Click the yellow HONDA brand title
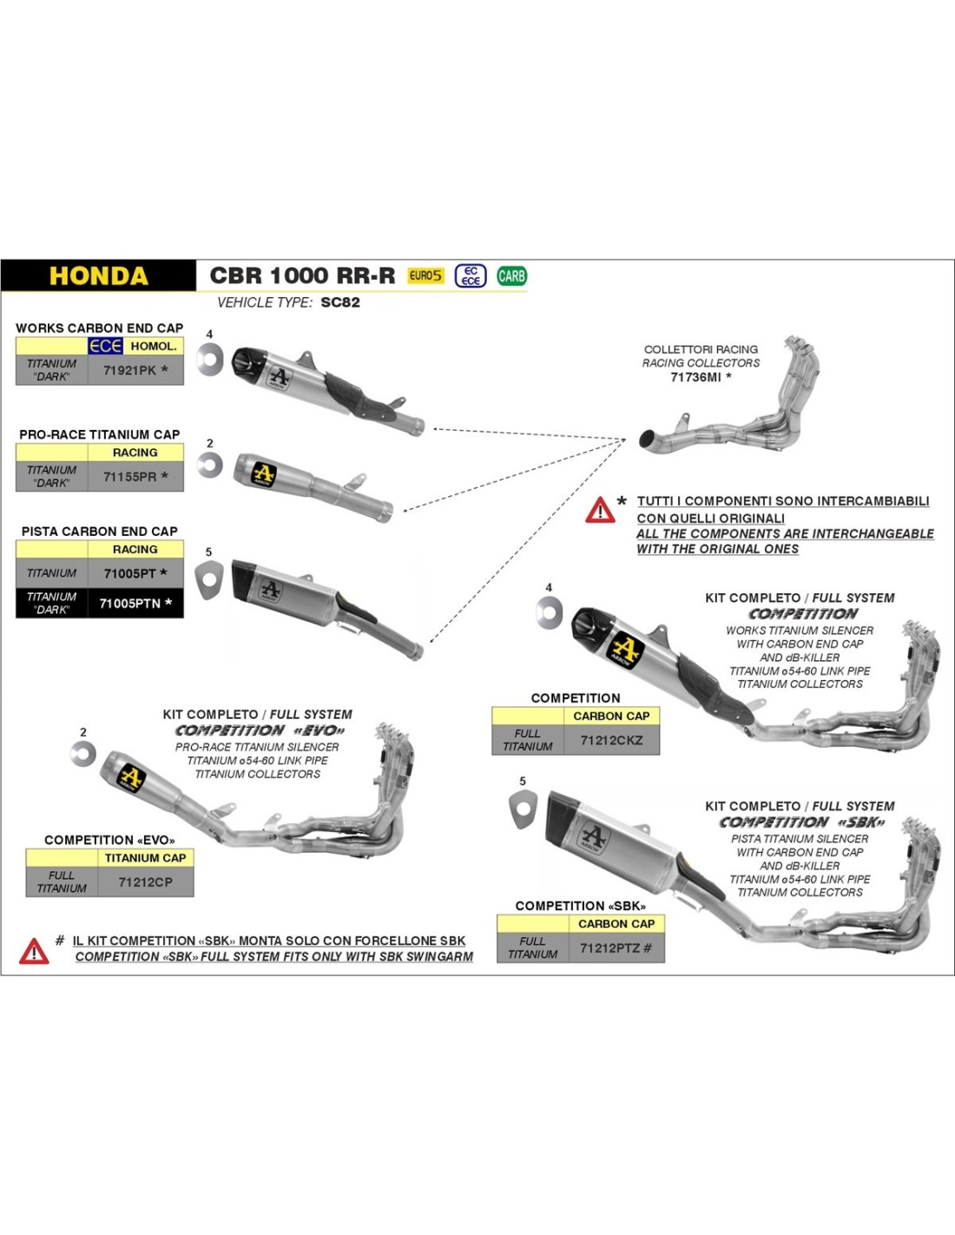[98, 276]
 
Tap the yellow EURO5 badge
[425, 276]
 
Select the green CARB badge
[511, 276]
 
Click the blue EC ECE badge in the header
[471, 276]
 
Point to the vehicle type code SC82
[339, 302]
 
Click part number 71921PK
[130, 370]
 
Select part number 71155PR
[130, 477]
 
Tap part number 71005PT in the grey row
[130, 573]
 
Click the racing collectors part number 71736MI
[695, 377]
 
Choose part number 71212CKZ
[611, 740]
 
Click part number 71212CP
[145, 882]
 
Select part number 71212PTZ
[610, 948]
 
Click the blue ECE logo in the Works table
[105, 346]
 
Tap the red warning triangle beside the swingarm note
[34, 951]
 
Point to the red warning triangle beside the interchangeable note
[600, 510]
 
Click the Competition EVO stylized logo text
[260, 731]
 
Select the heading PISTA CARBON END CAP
[99, 531]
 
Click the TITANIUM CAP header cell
[145, 857]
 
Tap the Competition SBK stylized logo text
[801, 822]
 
